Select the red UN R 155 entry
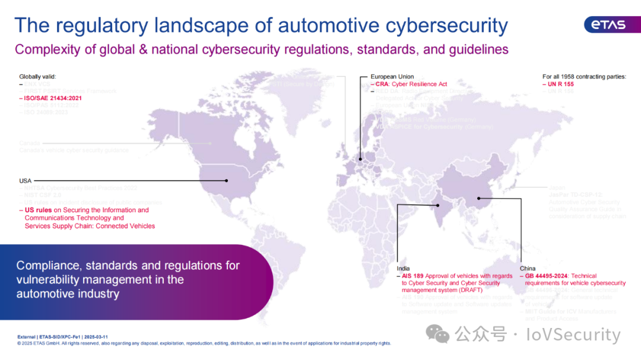pos(560,84)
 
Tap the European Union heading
pos(392,77)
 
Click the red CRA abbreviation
pos(382,84)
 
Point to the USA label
pos(26,180)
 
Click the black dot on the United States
pos(226,180)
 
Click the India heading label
pos(403,269)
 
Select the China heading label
pos(528,269)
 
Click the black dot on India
pos(438,205)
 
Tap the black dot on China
pos(478,199)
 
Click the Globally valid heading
pos(38,77)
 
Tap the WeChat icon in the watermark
pos(440,334)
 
